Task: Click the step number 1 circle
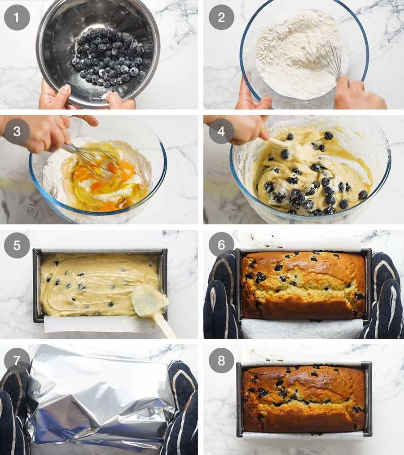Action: tap(17, 17)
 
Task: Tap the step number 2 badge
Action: tap(221, 17)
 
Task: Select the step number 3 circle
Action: tap(17, 131)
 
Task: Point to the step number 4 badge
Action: tap(221, 131)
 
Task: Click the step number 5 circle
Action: tap(17, 245)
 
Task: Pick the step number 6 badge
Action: tap(221, 245)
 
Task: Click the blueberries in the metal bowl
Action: tap(108, 58)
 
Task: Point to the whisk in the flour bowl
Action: tap(330, 58)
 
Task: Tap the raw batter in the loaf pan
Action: tap(90, 283)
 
